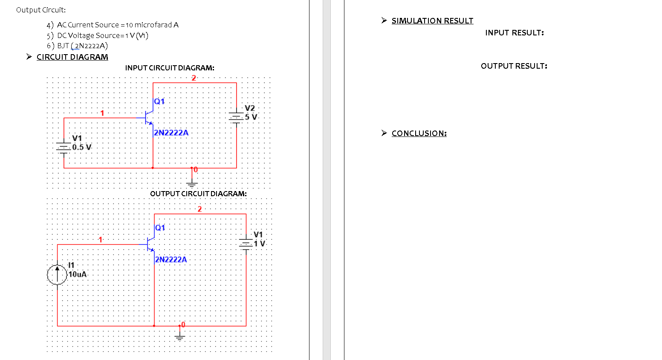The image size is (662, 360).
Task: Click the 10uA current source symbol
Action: point(57,274)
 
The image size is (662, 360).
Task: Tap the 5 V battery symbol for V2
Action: point(236,116)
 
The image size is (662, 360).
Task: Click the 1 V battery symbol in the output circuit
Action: point(246,244)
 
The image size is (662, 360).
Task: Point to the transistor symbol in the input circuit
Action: point(149,118)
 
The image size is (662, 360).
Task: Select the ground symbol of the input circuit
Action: point(192,184)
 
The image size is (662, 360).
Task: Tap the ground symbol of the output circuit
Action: point(180,337)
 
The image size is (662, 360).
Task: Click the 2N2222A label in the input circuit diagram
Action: point(171,133)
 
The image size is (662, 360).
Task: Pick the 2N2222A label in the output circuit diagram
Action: point(171,259)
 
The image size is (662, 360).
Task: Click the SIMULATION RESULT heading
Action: point(432,21)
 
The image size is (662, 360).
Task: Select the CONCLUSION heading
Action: point(419,134)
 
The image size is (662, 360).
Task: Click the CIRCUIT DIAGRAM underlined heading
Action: point(72,57)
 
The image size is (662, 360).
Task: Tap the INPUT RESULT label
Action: point(514,33)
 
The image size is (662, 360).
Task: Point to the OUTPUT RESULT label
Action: point(514,66)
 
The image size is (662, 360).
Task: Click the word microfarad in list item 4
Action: point(153,25)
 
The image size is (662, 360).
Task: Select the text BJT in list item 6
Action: point(63,46)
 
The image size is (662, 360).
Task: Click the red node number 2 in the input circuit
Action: point(194,78)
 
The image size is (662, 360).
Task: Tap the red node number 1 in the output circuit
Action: point(101,240)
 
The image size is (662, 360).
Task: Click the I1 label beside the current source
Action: point(71,265)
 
